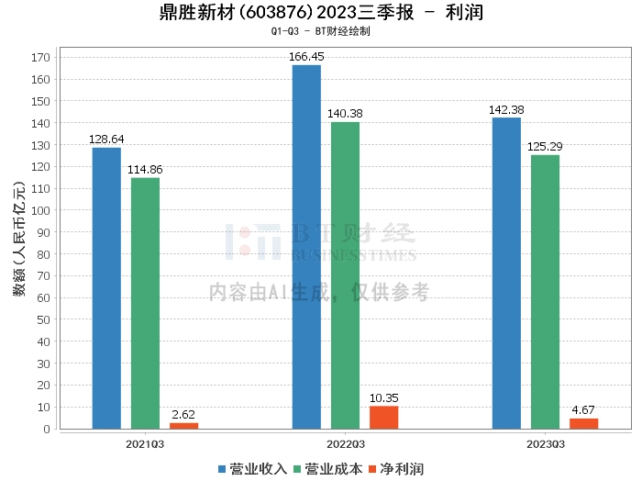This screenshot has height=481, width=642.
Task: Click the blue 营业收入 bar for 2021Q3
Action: click(x=106, y=288)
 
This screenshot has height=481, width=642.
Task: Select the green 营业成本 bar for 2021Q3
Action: click(x=145, y=303)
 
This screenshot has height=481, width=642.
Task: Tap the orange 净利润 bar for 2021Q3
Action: click(x=183, y=425)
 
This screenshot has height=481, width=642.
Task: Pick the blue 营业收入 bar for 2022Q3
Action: click(x=306, y=247)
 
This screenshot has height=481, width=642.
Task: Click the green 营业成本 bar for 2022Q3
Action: click(x=345, y=275)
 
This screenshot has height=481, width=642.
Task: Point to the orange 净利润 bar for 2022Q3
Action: click(x=383, y=418)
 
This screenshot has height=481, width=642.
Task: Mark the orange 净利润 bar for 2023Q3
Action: click(x=583, y=423)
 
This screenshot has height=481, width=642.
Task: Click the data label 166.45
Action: click(x=306, y=56)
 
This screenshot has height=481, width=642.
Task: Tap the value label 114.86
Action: click(x=145, y=169)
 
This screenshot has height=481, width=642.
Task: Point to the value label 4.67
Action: click(x=583, y=409)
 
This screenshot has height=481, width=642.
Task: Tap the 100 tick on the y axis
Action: click(x=40, y=210)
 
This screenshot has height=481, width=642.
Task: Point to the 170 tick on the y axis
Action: click(x=40, y=57)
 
